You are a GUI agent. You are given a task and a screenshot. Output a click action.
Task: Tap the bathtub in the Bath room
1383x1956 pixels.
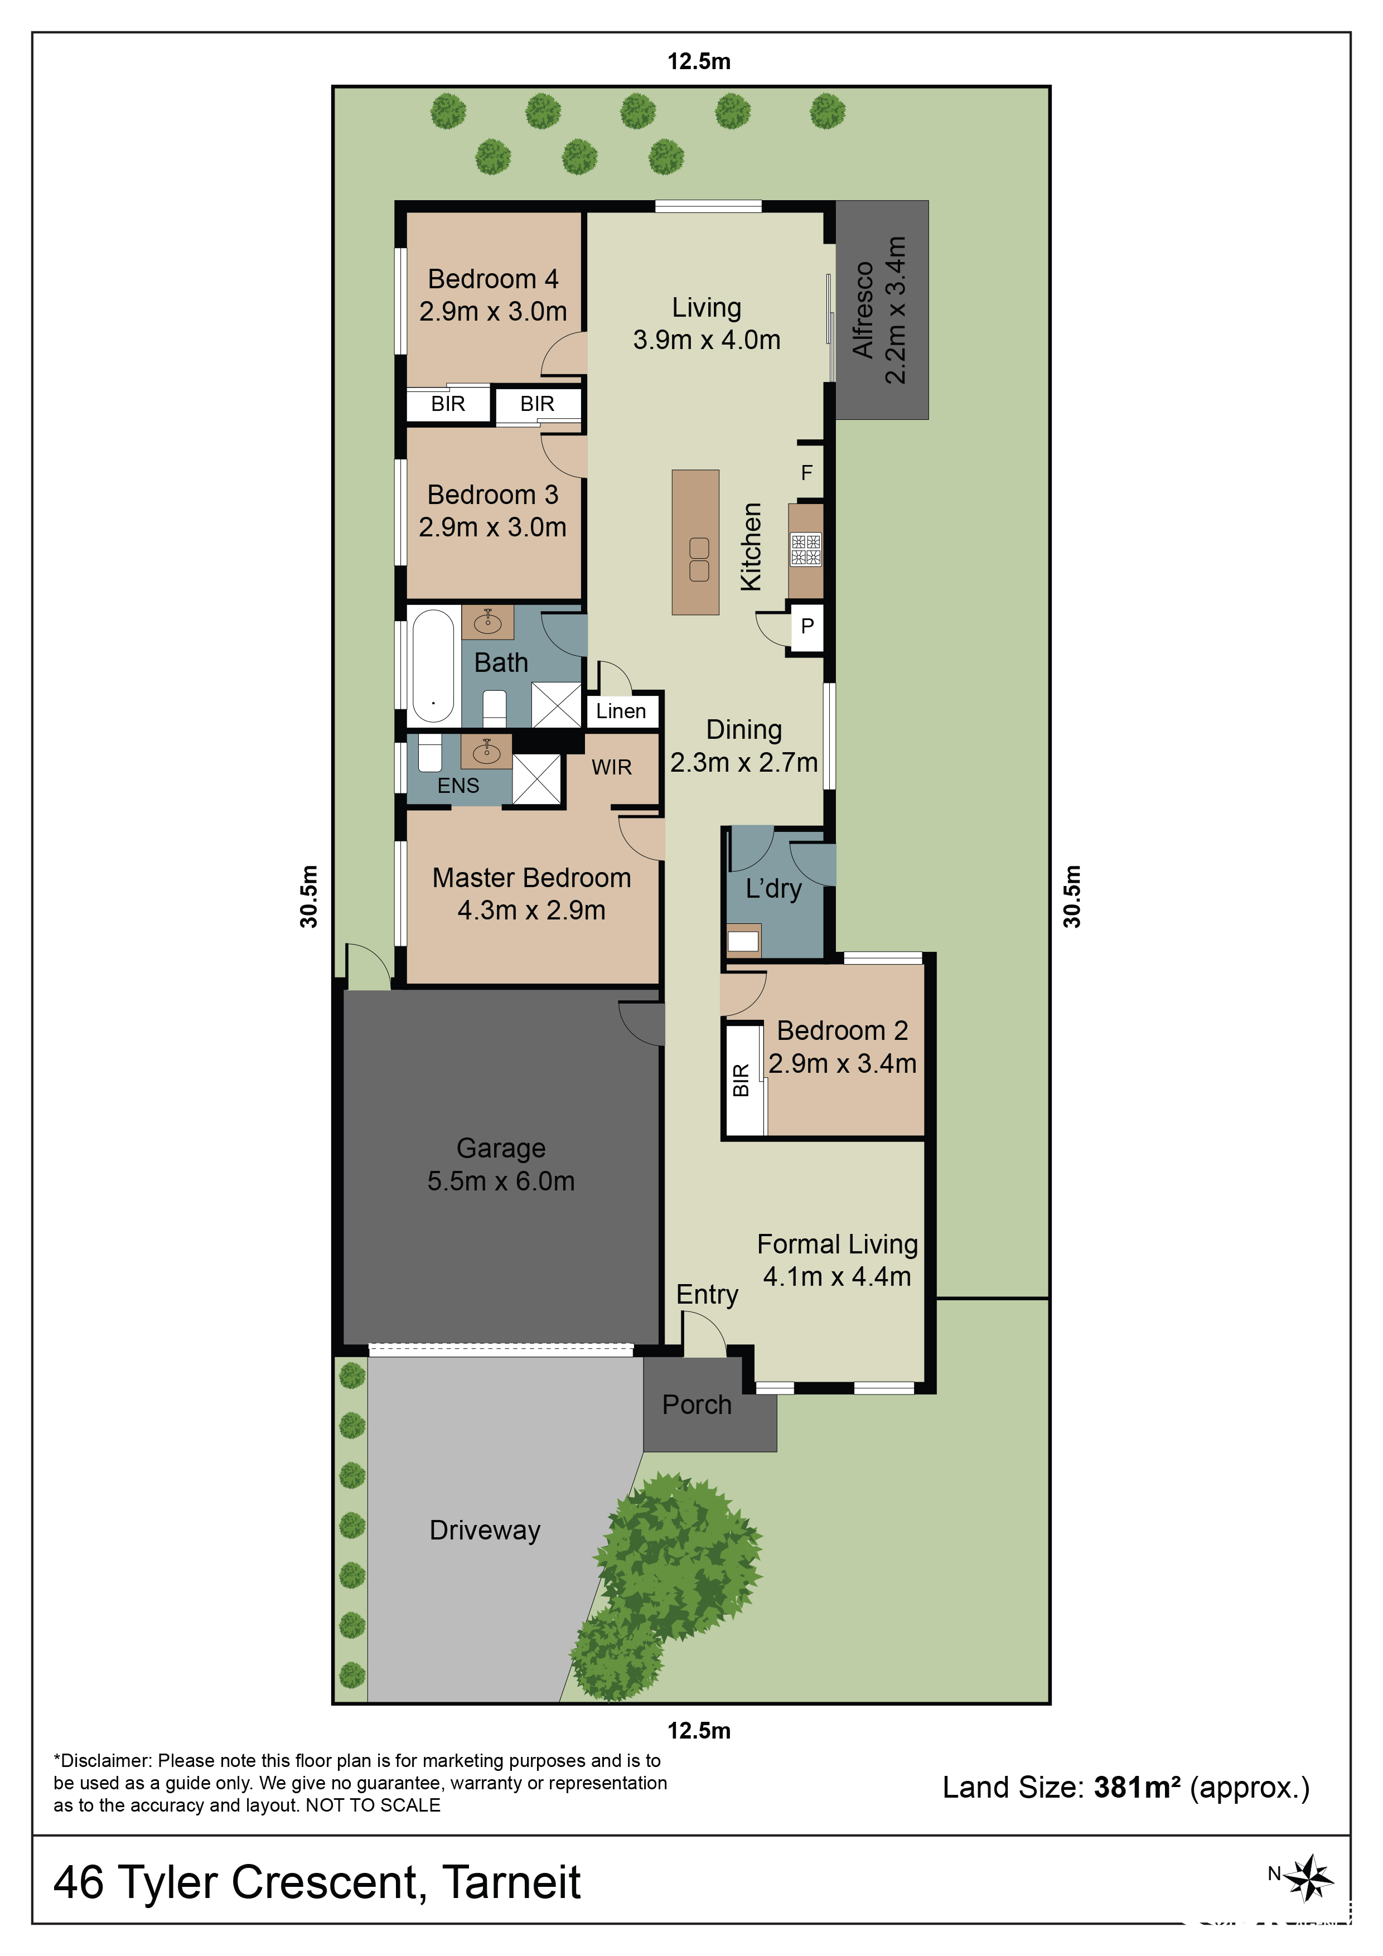(433, 665)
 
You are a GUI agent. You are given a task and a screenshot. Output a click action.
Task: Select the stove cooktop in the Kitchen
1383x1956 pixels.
(805, 549)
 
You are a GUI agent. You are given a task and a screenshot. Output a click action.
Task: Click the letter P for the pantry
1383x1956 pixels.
(807, 626)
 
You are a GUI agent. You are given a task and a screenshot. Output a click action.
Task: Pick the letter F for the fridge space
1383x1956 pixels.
(806, 473)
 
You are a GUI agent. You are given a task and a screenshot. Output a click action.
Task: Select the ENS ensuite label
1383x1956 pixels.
(458, 786)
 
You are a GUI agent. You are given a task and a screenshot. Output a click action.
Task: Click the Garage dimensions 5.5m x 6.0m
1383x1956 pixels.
(501, 1181)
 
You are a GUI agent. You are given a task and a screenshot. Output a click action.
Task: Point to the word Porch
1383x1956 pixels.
(697, 1405)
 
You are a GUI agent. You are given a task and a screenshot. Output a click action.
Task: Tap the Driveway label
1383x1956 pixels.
(485, 1530)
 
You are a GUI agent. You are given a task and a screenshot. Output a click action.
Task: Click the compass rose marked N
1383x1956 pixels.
(1309, 1877)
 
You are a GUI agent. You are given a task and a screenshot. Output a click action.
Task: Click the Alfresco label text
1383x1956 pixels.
(863, 310)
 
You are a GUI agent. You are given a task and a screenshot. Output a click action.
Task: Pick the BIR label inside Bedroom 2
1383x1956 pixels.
(741, 1080)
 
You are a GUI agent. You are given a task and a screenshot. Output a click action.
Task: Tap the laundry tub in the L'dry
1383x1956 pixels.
(743, 941)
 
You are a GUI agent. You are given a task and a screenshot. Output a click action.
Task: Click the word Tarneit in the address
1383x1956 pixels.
(511, 1883)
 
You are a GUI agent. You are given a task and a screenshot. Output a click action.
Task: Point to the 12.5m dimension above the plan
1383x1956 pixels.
(699, 61)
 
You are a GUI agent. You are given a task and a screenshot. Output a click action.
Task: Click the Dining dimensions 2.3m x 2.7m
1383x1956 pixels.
(744, 762)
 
